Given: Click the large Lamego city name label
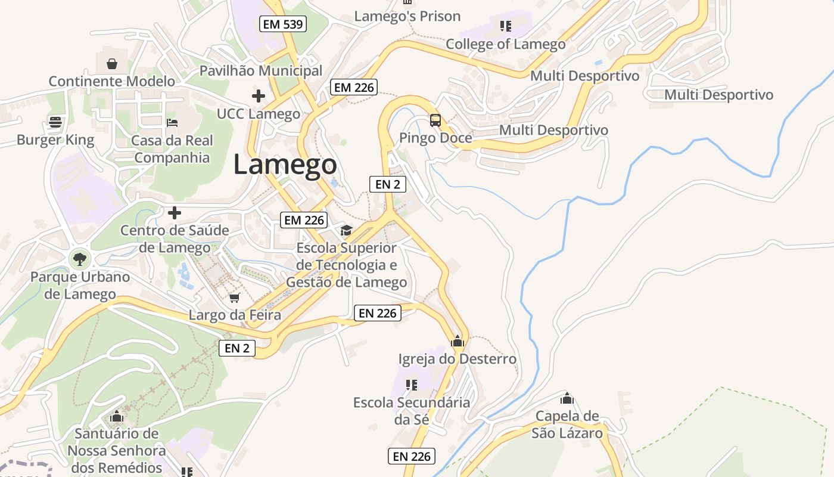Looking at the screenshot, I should (x=285, y=165).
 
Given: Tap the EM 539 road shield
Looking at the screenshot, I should (x=283, y=24).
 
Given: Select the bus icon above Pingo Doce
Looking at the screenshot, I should (x=435, y=120).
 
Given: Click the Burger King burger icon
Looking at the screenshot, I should (x=55, y=122).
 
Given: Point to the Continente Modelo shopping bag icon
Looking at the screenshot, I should (x=111, y=64).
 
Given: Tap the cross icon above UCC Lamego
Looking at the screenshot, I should (x=259, y=95).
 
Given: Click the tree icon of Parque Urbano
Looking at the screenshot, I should (x=79, y=259).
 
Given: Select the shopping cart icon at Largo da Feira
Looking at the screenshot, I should (x=235, y=298).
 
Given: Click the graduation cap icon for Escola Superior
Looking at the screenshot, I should (x=346, y=231).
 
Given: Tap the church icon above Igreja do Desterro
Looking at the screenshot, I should (x=458, y=342).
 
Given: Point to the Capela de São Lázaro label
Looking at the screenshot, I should (x=567, y=424).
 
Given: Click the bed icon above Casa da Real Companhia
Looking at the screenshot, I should (x=172, y=123).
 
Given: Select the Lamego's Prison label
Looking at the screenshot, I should (x=407, y=16).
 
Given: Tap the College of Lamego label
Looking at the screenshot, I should (x=505, y=44).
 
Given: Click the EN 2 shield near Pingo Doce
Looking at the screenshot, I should (x=388, y=184).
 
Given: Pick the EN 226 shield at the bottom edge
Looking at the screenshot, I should (x=412, y=457).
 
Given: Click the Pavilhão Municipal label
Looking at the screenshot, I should (x=260, y=70).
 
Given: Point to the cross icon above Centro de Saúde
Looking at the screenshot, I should (x=175, y=213).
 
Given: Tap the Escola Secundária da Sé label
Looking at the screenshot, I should (x=411, y=411).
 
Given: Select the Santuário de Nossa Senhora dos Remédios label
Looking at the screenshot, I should (x=116, y=450).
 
